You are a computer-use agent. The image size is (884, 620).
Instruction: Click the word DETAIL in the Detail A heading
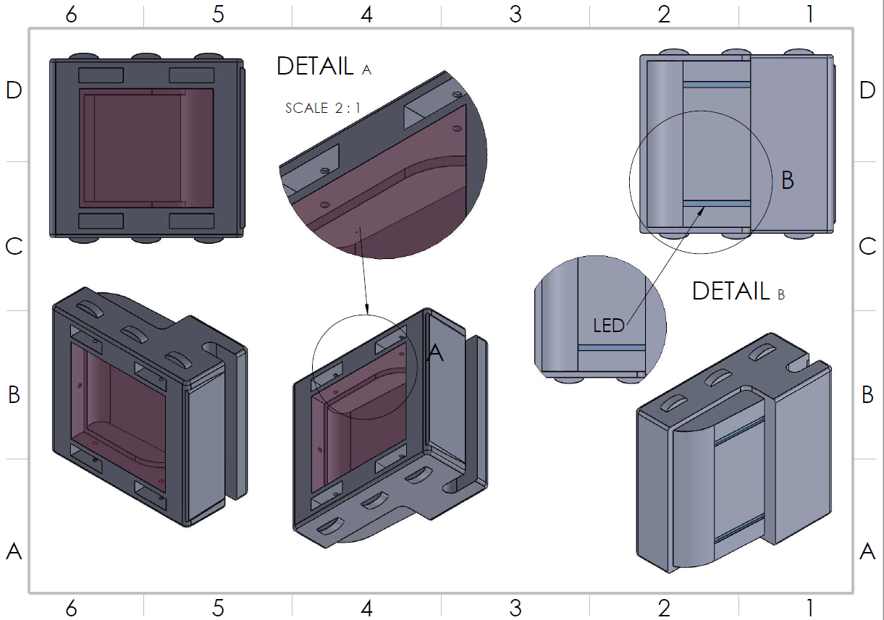point(315,66)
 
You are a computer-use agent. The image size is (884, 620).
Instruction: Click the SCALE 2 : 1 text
point(323,109)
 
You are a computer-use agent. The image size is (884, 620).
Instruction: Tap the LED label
point(608,326)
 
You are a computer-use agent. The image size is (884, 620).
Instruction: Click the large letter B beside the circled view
point(788,180)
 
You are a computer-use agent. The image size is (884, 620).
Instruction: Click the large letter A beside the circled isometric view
point(435,353)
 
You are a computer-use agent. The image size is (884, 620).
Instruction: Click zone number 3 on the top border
point(515,14)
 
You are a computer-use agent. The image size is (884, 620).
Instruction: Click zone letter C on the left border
point(14,247)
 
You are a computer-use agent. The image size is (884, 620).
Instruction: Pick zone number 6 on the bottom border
point(71,608)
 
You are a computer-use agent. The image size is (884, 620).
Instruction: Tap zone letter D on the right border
point(867,91)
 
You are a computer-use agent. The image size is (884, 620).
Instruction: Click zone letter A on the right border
point(867,552)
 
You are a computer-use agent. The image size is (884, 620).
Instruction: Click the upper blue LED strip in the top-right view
point(716,85)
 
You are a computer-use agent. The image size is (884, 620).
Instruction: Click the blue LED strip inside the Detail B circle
point(611,347)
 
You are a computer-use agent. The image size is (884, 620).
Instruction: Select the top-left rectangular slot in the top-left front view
point(101,75)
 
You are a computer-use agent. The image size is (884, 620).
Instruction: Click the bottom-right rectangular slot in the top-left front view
point(192,221)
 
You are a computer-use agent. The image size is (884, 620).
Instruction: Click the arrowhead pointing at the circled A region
point(367,311)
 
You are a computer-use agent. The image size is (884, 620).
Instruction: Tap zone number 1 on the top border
point(809,14)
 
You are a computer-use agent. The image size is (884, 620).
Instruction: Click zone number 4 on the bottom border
point(367,608)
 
